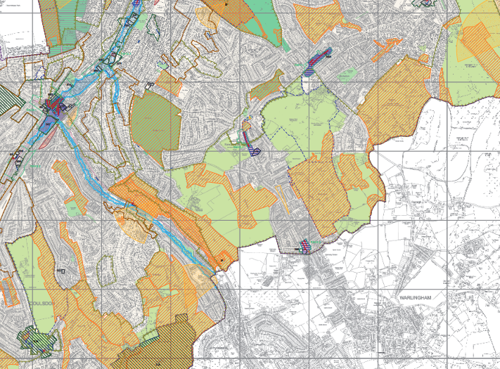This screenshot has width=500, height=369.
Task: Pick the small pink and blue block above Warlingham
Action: pos(305,246)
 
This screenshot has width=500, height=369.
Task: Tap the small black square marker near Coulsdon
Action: pos(62,270)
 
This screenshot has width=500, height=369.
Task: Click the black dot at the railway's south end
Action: pos(221,261)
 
